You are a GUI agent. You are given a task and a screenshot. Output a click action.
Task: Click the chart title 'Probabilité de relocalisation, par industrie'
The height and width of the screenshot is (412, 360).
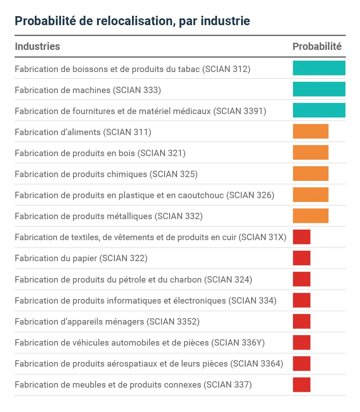(132, 21)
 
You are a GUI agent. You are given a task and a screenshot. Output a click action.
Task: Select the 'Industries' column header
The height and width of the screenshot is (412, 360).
(37, 47)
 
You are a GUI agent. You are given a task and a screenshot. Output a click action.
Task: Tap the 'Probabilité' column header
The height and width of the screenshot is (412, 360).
(317, 47)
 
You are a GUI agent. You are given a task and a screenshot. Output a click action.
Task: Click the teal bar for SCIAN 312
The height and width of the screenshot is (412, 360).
(319, 68)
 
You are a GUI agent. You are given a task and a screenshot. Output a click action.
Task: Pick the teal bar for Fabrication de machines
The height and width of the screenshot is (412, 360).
(319, 89)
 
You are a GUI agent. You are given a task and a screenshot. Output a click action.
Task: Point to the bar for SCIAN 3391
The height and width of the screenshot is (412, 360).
(319, 110)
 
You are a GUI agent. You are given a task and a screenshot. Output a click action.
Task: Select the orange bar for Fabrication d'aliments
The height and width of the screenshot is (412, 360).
(310, 132)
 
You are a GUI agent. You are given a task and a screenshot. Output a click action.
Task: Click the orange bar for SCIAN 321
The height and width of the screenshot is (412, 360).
(310, 153)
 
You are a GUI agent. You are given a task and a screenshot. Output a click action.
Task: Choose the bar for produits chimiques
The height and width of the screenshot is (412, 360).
(310, 174)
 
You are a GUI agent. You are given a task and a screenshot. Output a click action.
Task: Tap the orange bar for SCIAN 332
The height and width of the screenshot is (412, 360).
(310, 216)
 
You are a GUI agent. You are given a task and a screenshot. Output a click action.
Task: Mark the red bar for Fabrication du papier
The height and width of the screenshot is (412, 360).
(301, 258)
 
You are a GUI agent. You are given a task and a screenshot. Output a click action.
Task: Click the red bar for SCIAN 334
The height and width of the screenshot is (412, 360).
(301, 300)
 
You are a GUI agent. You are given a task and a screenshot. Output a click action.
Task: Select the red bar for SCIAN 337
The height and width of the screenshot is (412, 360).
(301, 385)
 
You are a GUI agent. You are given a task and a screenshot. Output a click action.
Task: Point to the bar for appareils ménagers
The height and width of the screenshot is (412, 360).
(301, 322)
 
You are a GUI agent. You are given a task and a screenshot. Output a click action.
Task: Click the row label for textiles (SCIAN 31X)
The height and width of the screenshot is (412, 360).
(150, 237)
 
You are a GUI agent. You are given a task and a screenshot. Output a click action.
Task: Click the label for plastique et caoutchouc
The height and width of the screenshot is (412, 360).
(144, 195)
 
